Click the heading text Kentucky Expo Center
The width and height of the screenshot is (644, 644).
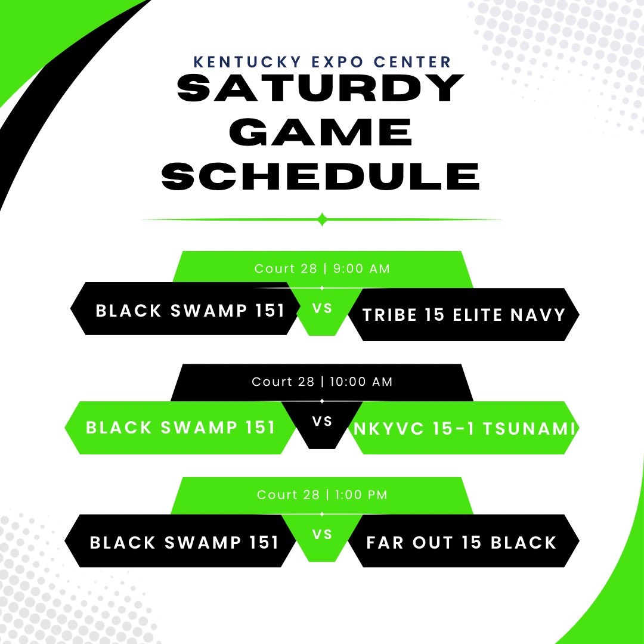click(322, 62)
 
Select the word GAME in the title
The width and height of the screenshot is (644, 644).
click(322, 132)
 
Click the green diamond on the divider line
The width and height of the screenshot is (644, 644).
click(322, 219)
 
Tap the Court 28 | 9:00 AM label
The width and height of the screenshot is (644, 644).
click(322, 269)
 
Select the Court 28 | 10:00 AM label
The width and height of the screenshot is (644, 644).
click(322, 382)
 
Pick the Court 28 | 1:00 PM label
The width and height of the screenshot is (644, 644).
click(322, 495)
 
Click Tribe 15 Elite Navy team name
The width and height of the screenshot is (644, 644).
click(464, 315)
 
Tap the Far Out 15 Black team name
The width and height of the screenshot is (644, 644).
click(461, 543)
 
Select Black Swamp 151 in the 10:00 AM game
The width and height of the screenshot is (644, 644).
click(181, 428)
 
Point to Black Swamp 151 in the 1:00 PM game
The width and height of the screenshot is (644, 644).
click(184, 543)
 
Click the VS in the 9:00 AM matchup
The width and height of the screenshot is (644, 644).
click(322, 309)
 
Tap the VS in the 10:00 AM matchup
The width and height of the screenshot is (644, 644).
click(322, 422)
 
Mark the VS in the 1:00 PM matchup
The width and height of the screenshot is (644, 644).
click(322, 535)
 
